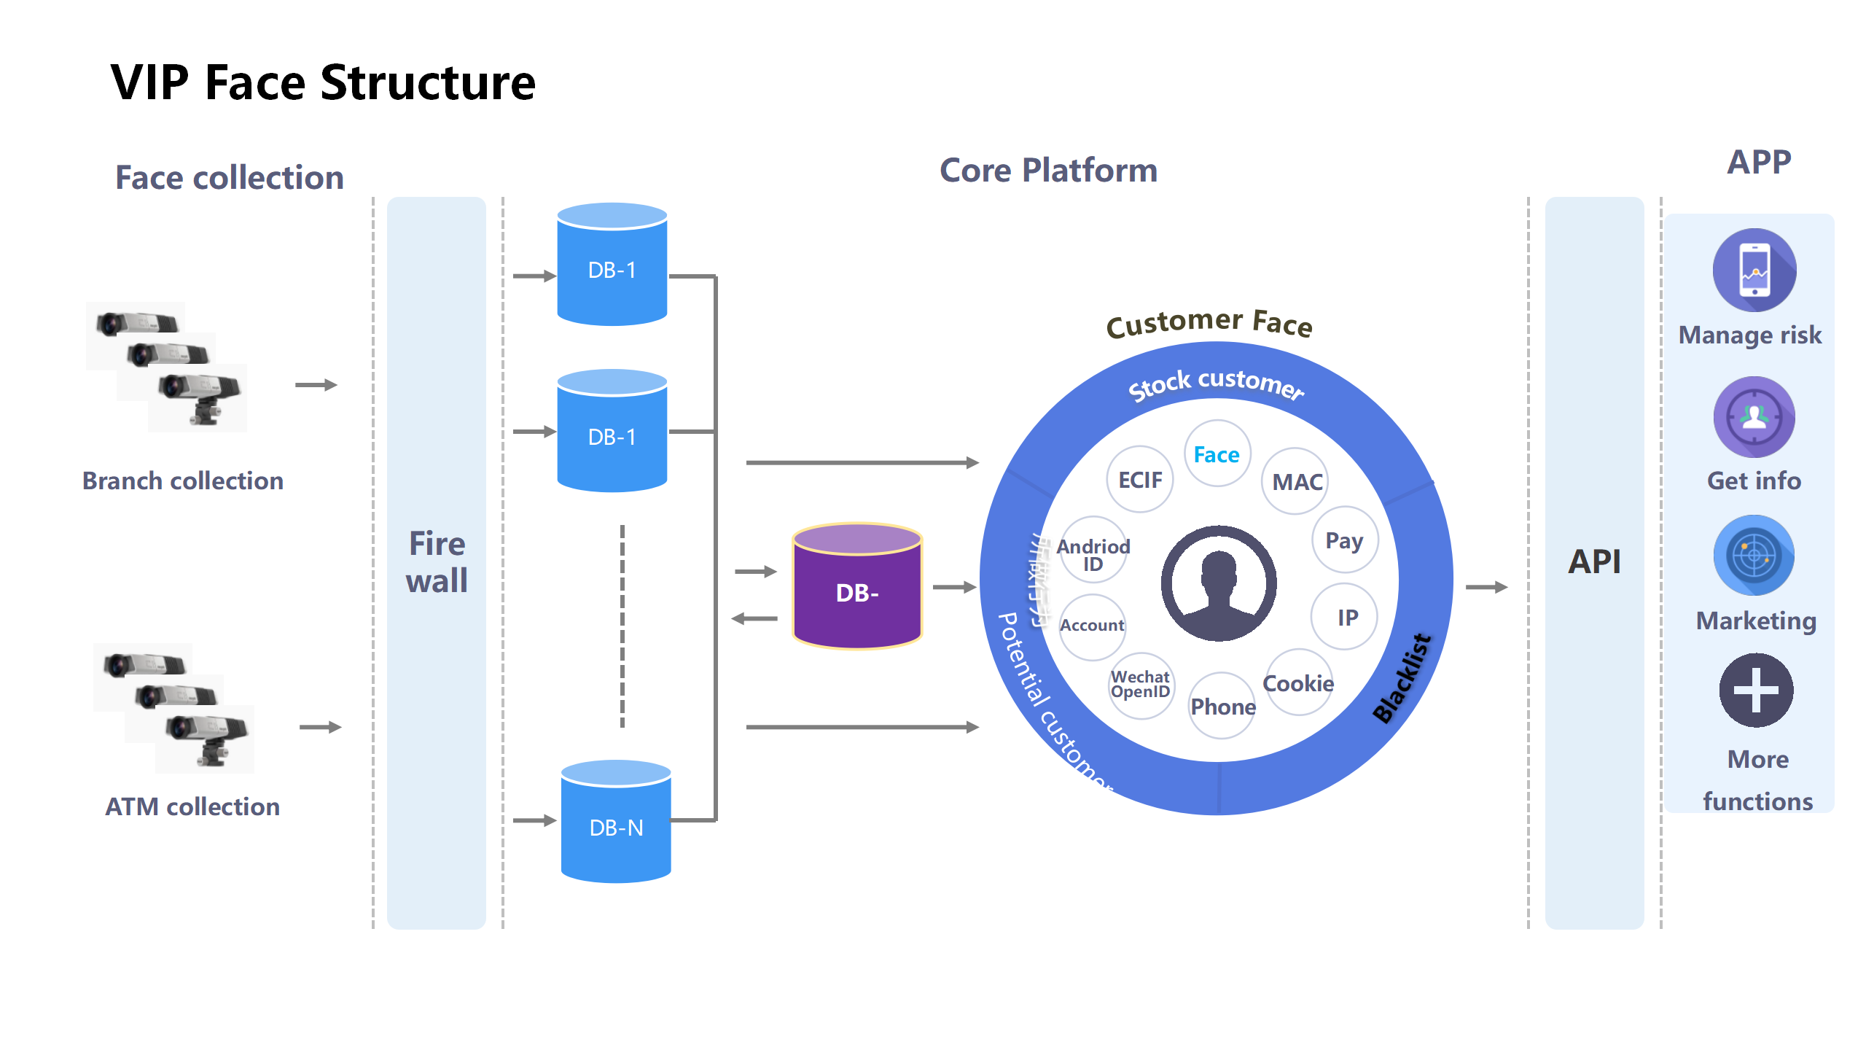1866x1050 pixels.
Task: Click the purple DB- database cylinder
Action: [x=857, y=587]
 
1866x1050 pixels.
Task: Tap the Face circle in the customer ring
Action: [x=1217, y=454]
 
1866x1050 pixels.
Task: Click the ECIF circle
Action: [x=1140, y=480]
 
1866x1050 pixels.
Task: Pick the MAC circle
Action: [x=1296, y=481]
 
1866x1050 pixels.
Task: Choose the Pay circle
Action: [x=1345, y=540]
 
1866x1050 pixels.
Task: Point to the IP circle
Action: [x=1346, y=617]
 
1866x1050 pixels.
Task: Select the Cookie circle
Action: [x=1298, y=683]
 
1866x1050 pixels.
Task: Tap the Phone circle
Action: [x=1222, y=706]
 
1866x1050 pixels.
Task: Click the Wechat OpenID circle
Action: [x=1141, y=685]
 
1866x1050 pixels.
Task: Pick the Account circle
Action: [x=1092, y=626]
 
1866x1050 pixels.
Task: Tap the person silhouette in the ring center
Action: [x=1219, y=583]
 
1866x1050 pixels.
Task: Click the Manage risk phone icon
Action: [x=1754, y=271]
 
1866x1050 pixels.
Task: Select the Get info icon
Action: [x=1754, y=417]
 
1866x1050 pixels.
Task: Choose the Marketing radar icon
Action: [x=1754, y=556]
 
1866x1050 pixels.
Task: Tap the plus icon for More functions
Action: [x=1756, y=690]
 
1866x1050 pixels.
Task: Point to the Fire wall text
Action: [x=437, y=562]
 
